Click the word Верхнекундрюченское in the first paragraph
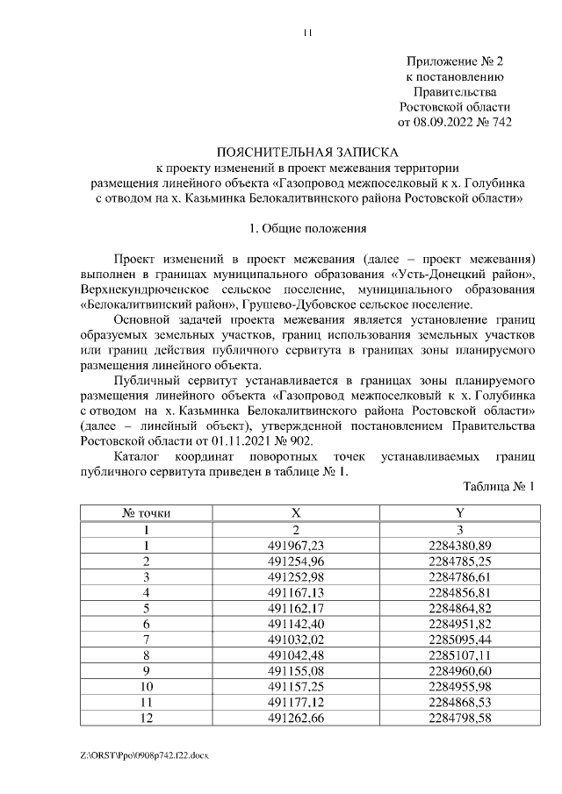(143, 289)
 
